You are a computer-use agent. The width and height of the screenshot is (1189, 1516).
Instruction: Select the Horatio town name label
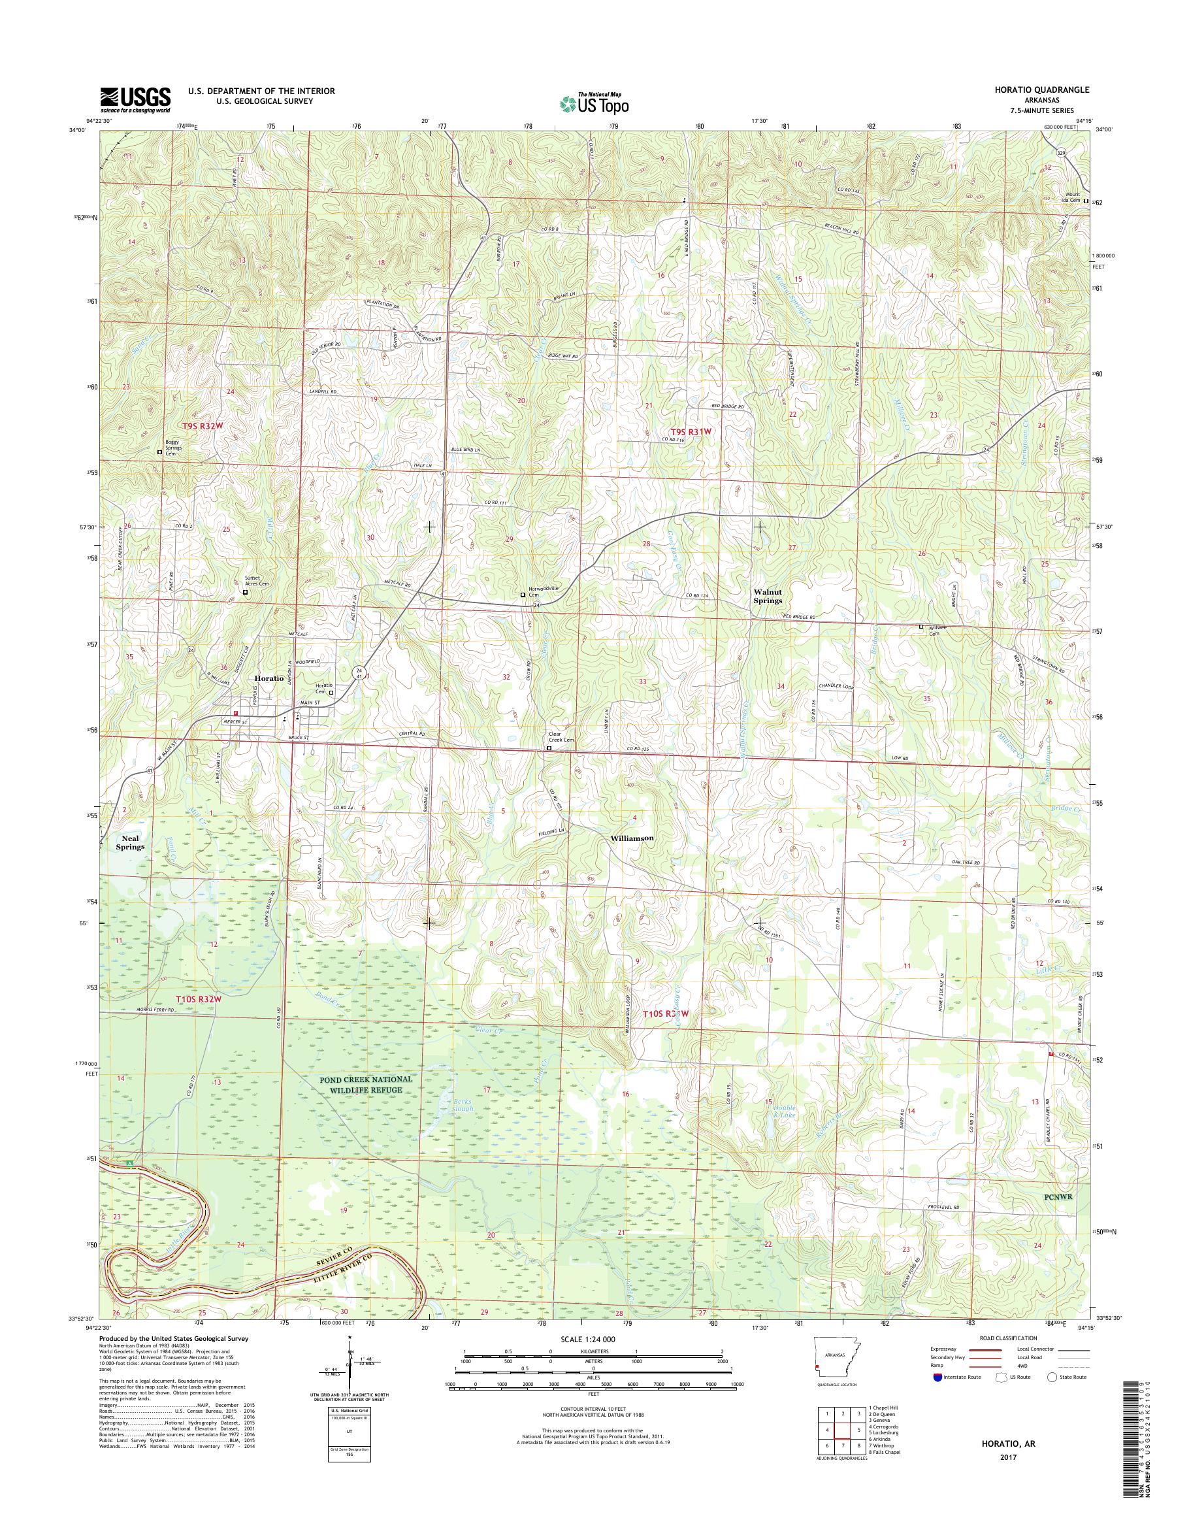click(x=269, y=678)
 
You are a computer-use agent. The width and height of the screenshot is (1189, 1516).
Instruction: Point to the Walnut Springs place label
click(x=768, y=595)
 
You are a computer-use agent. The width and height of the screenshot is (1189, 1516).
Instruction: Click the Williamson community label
click(x=631, y=838)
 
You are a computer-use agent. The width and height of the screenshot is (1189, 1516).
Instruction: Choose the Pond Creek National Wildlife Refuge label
click(x=366, y=1083)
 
